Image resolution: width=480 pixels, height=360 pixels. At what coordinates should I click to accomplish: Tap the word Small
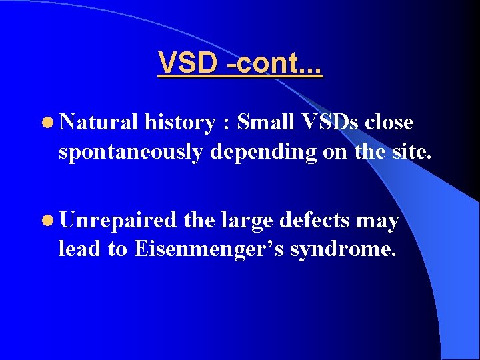pos(267,123)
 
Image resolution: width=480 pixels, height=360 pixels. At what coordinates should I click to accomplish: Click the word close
pos(389,123)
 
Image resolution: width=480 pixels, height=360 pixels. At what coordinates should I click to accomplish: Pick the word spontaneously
pos(131,152)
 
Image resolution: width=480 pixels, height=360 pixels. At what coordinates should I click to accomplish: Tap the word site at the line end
pos(412,151)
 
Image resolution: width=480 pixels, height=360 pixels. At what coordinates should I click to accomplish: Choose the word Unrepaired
pos(117,221)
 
